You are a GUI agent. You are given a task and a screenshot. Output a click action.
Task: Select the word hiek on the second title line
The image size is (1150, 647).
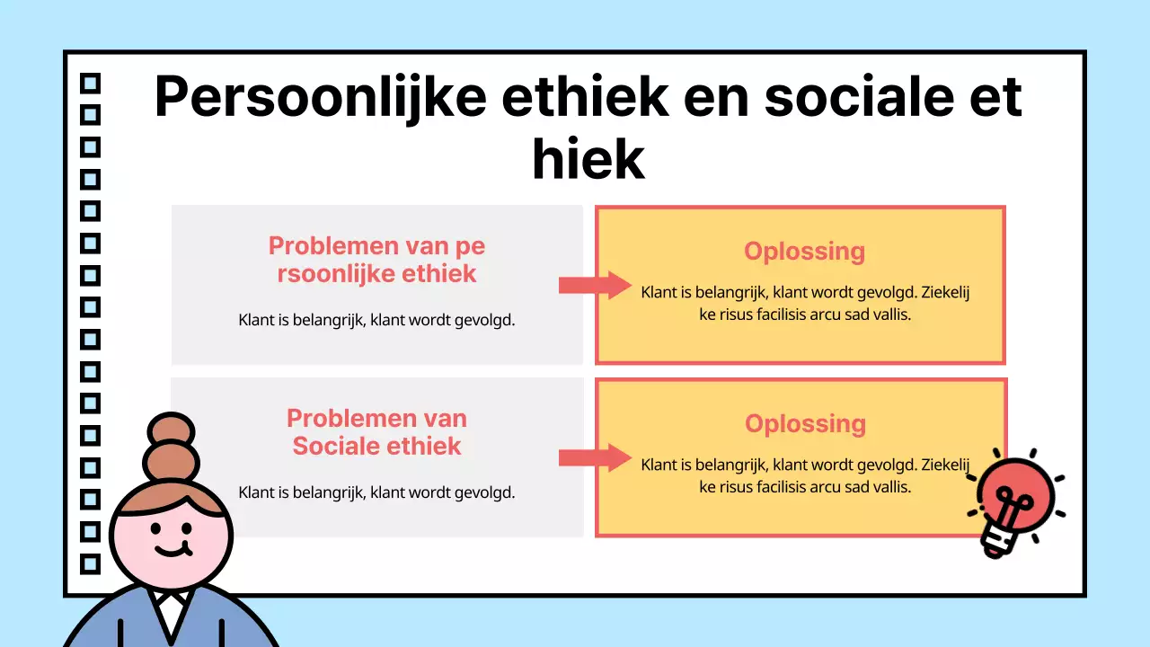pyautogui.click(x=588, y=160)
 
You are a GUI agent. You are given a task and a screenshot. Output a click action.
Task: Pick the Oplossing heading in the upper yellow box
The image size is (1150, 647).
pyautogui.click(x=804, y=251)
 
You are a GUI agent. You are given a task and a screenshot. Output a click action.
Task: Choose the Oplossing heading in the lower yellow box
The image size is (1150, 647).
pyautogui.click(x=805, y=423)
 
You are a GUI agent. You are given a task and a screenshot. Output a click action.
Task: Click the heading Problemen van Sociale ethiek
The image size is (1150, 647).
pyautogui.click(x=376, y=432)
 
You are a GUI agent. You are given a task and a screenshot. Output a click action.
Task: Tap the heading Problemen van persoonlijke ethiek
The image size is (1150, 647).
pyautogui.click(x=376, y=260)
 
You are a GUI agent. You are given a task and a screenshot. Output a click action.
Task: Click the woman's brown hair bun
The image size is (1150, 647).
pyautogui.click(x=171, y=449)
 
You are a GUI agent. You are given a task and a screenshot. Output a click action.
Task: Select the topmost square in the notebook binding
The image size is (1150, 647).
pyautogui.click(x=91, y=84)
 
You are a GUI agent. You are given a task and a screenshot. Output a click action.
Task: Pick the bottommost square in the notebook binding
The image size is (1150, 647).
pyautogui.click(x=91, y=563)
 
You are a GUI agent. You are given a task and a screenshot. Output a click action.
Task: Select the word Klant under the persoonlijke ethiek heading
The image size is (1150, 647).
pyautogui.click(x=257, y=319)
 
